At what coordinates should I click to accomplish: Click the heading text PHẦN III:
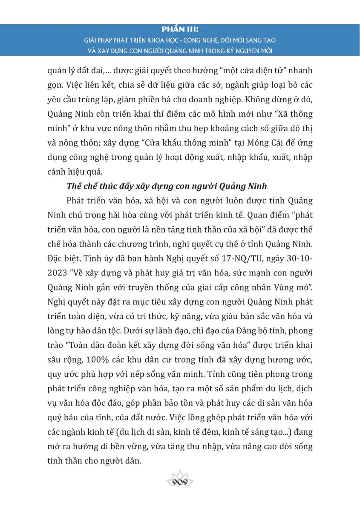pos(180,30)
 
